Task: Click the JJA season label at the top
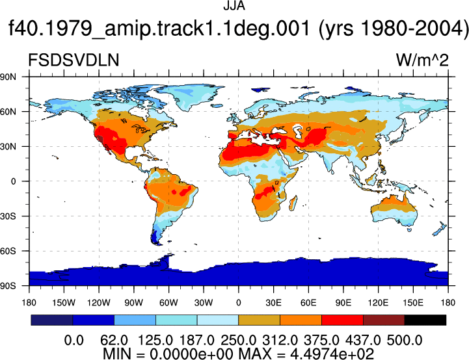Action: (234, 6)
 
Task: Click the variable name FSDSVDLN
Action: (74, 60)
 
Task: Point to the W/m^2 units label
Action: (422, 60)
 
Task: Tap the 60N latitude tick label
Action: (8, 112)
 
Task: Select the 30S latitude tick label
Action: (8, 216)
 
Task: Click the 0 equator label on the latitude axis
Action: (13, 181)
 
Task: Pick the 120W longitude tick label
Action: (99, 303)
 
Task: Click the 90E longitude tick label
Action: (343, 303)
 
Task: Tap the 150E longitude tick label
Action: (413, 303)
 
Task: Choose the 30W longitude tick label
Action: (204, 303)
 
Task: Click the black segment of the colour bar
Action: (425, 320)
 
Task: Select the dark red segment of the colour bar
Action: (384, 320)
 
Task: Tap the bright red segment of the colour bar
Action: (342, 320)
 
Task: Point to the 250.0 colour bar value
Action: (238, 341)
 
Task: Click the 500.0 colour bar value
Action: (405, 341)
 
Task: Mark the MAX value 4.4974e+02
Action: (332, 354)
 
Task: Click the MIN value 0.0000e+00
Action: (191, 354)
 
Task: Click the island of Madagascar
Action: (293, 203)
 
